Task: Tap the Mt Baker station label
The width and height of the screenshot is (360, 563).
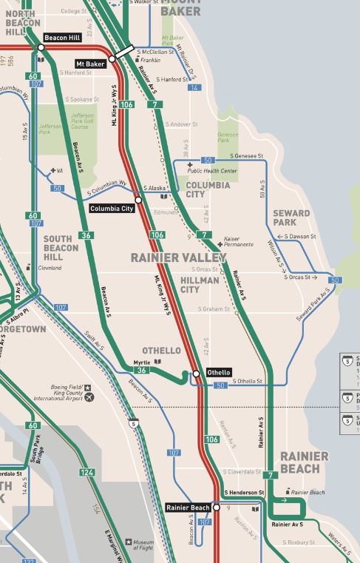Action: pyautogui.click(x=91, y=64)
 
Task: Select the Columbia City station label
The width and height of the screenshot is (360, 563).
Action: pyautogui.click(x=111, y=209)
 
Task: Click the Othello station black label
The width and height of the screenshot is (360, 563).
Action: pyautogui.click(x=218, y=372)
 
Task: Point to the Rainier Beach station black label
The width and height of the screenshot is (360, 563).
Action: pyautogui.click(x=189, y=507)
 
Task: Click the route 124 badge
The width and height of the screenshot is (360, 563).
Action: pyautogui.click(x=88, y=472)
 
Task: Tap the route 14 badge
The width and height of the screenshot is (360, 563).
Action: pyautogui.click(x=194, y=88)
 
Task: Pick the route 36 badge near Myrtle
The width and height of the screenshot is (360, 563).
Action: pyautogui.click(x=142, y=370)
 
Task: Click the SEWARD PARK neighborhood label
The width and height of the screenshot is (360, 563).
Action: pyautogui.click(x=291, y=218)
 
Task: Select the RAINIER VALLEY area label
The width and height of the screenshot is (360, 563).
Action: pyautogui.click(x=178, y=257)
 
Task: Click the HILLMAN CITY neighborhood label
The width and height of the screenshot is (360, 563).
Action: pyautogui.click(x=200, y=285)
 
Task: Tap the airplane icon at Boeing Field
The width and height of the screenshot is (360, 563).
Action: pyautogui.click(x=90, y=397)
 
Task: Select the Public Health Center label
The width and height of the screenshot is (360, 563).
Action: pyautogui.click(x=215, y=171)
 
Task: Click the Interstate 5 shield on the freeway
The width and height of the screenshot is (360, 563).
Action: pyautogui.click(x=132, y=424)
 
